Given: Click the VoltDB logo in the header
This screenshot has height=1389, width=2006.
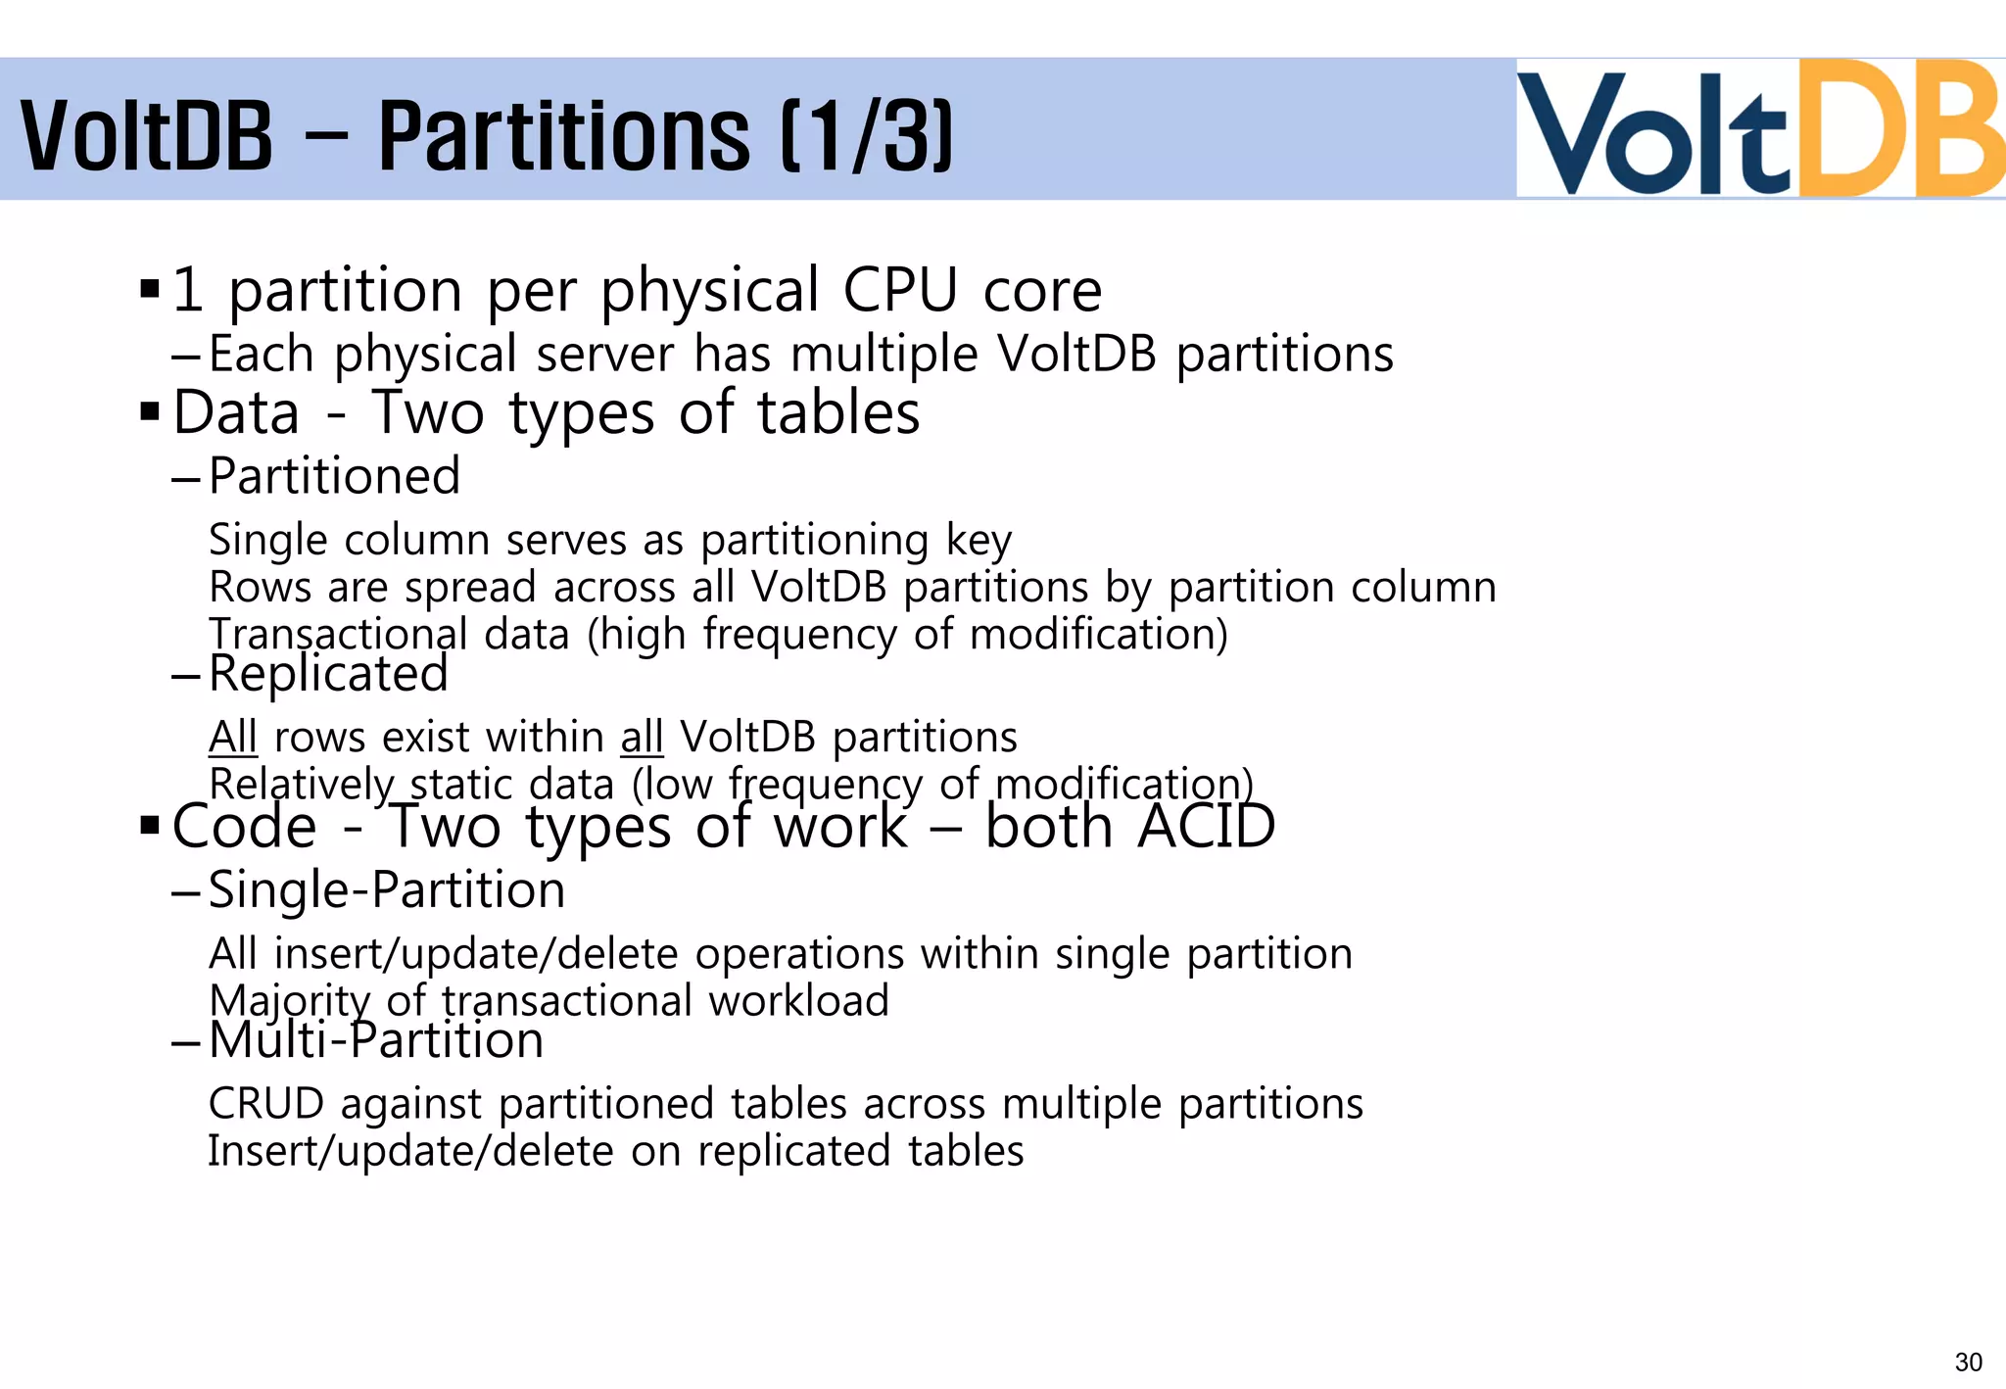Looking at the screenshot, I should pyautogui.click(x=1759, y=129).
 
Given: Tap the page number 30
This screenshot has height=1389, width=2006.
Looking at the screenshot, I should pyautogui.click(x=1968, y=1363).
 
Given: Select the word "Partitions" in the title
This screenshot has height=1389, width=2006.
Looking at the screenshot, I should pyautogui.click(x=564, y=135).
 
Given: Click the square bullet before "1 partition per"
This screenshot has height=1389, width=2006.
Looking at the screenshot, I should pyautogui.click(x=150, y=290).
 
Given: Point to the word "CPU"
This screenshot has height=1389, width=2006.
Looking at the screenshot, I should pyautogui.click(x=900, y=291).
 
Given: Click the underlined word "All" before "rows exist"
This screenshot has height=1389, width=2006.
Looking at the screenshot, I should pyautogui.click(x=233, y=737).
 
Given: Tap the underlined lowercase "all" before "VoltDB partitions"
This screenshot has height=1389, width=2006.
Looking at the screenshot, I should pyautogui.click(x=642, y=737).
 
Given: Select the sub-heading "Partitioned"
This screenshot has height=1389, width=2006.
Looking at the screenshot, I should pyautogui.click(x=334, y=476).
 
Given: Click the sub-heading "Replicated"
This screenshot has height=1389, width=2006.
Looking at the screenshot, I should pyautogui.click(x=328, y=674).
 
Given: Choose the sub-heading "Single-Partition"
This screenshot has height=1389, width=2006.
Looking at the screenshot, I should pyautogui.click(x=387, y=890).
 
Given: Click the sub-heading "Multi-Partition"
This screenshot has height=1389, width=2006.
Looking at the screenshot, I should pyautogui.click(x=376, y=1039).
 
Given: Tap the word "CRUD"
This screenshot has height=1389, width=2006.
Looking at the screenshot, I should pyautogui.click(x=266, y=1104).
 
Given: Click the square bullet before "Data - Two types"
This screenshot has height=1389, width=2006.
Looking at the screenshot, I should pyautogui.click(x=150, y=411).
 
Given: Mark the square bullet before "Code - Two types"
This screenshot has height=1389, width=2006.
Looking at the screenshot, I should pyautogui.click(x=150, y=825).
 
